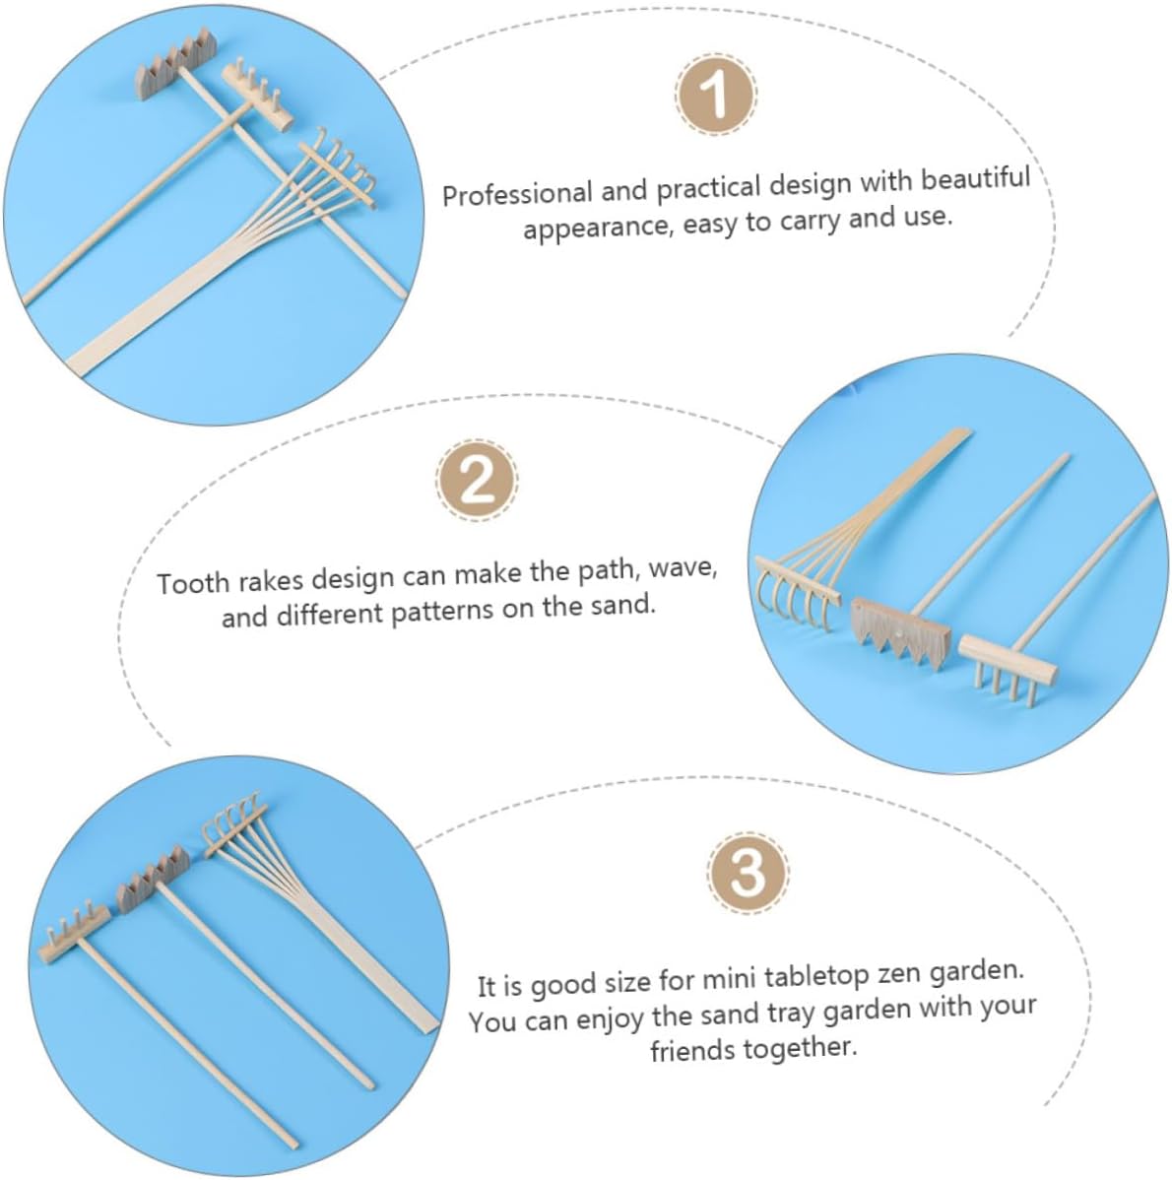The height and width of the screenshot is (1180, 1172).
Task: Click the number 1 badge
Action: [715, 95]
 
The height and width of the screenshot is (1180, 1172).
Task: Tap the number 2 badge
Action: [477, 480]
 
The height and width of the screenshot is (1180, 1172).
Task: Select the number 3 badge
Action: [748, 873]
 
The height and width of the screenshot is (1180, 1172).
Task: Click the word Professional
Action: [517, 193]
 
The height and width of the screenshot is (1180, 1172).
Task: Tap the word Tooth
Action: [193, 582]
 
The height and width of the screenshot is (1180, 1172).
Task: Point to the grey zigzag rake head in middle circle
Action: [900, 632]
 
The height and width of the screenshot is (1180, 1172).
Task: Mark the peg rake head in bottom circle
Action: [74, 932]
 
